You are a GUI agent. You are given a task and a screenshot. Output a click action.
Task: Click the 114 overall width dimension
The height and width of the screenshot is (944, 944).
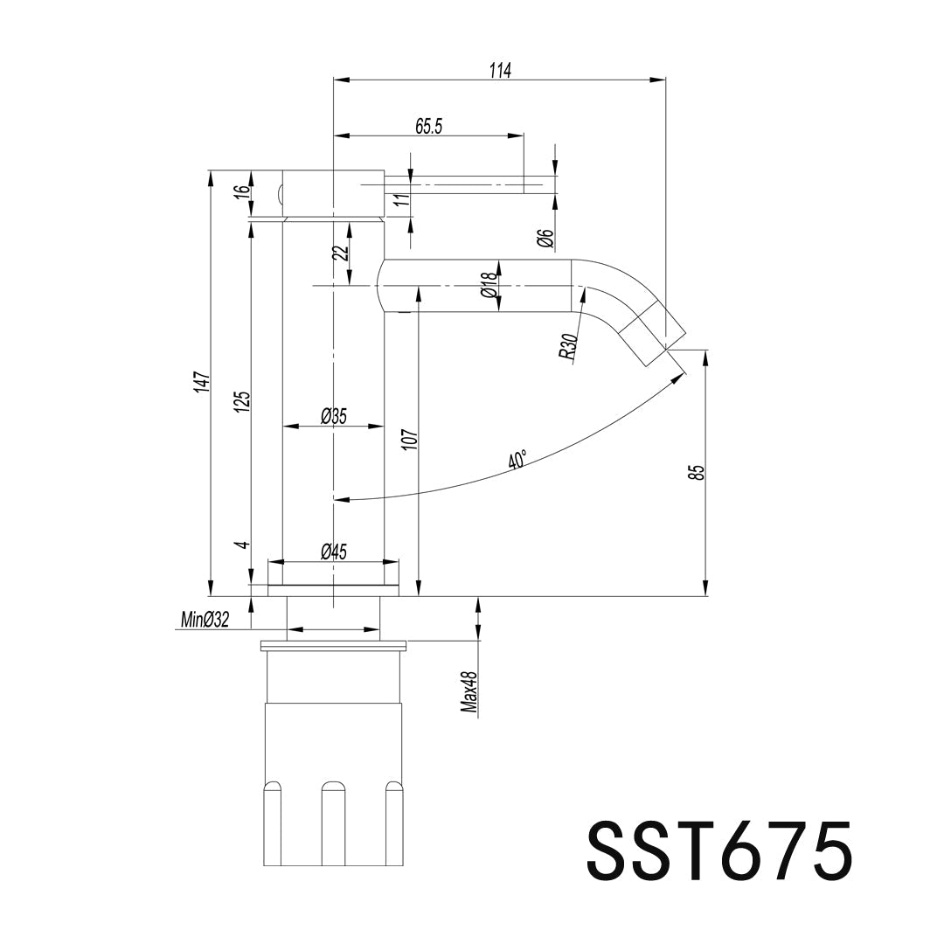(x=500, y=71)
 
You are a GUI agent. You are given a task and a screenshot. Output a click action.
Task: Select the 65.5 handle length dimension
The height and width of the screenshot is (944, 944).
(x=428, y=127)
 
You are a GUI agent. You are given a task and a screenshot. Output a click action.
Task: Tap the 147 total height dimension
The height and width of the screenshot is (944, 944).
(x=202, y=382)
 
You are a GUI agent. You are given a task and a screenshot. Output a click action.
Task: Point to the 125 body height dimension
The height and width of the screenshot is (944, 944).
(x=243, y=401)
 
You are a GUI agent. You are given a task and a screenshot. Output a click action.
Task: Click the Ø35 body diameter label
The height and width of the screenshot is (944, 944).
(x=334, y=416)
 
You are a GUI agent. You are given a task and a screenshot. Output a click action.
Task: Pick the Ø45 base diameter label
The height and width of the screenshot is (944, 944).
(x=334, y=552)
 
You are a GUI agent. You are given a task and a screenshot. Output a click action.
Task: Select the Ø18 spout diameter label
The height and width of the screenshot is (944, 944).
(x=489, y=285)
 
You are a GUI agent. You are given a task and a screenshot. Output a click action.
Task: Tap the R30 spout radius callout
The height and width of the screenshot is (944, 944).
(x=568, y=347)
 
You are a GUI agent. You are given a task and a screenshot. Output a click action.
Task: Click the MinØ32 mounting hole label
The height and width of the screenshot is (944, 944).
(x=205, y=619)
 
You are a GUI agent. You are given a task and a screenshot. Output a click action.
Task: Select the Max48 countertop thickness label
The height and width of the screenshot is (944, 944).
(x=469, y=692)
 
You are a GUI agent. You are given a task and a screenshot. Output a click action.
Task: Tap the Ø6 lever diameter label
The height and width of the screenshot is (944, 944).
(x=545, y=239)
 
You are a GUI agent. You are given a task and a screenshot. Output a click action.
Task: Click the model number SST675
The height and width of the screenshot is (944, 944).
(x=718, y=851)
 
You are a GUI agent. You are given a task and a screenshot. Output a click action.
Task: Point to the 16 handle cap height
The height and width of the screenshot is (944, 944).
(x=243, y=193)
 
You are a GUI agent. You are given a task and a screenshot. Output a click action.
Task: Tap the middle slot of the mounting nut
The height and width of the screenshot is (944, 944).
(x=330, y=823)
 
